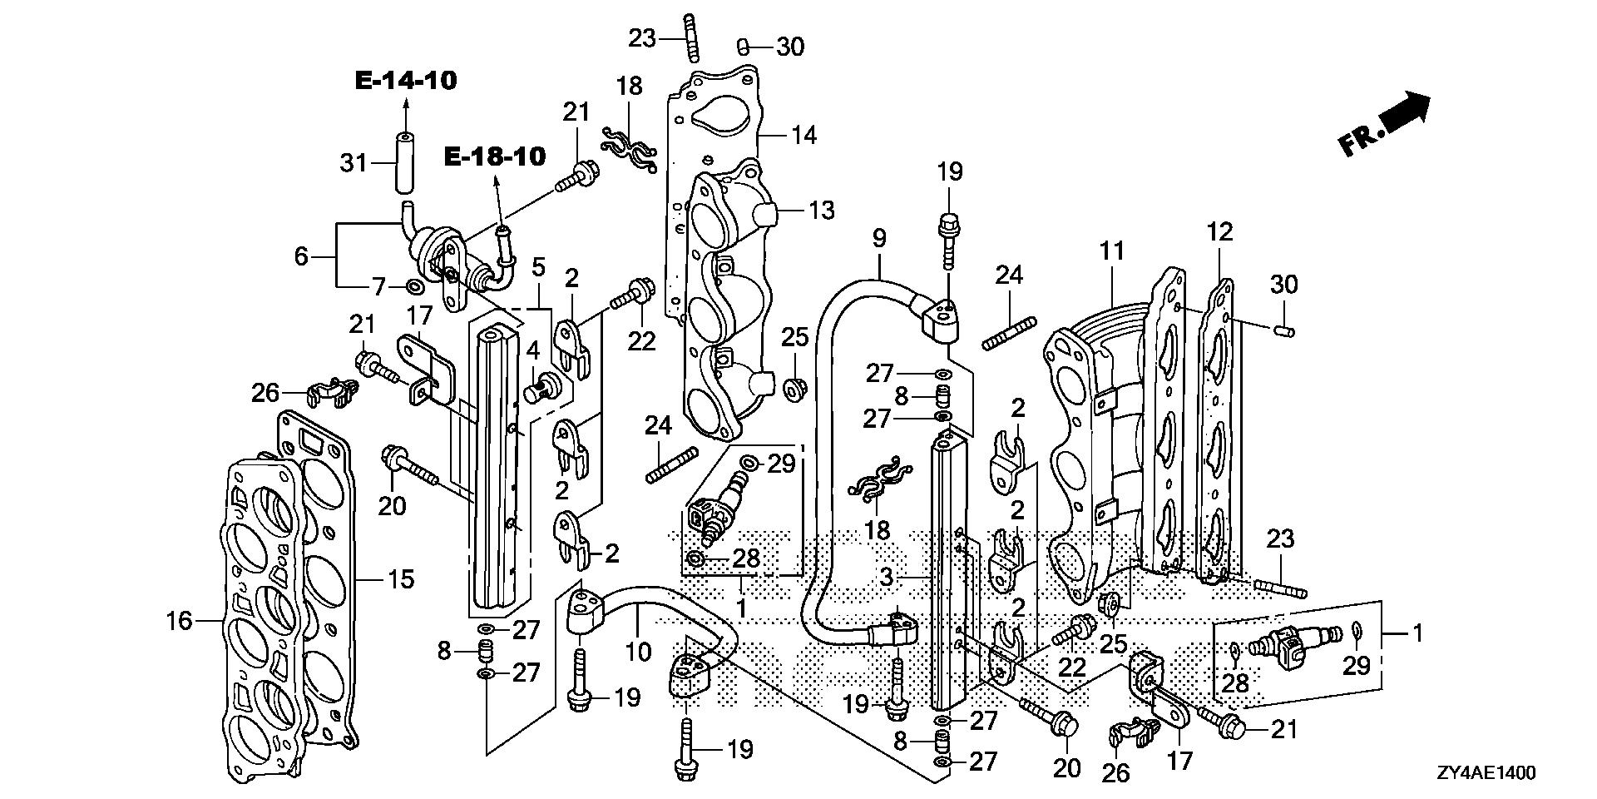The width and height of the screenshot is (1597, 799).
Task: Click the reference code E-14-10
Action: (x=406, y=81)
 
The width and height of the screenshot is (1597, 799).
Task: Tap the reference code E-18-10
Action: (x=495, y=156)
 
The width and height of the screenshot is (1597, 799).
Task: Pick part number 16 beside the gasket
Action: (x=179, y=620)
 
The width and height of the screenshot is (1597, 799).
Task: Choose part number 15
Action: (x=401, y=578)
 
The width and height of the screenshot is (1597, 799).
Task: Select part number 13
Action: (x=820, y=211)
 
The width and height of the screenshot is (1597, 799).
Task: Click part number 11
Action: (x=1111, y=251)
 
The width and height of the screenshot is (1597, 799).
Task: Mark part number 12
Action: (x=1219, y=232)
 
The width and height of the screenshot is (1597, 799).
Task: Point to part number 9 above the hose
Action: (x=879, y=239)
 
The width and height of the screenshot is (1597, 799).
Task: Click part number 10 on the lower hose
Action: (x=638, y=650)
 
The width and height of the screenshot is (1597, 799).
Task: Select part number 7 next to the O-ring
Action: (x=379, y=288)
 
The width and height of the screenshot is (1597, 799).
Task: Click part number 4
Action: (x=532, y=350)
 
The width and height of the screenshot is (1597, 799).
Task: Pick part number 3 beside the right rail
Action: (x=887, y=576)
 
